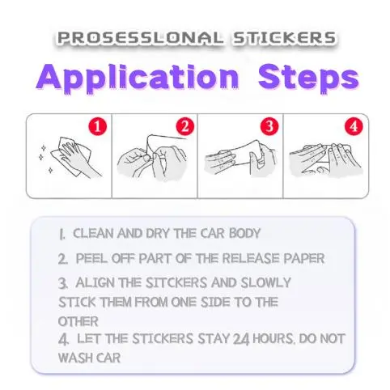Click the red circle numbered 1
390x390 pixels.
tap(98, 126)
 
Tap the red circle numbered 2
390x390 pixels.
tap(185, 126)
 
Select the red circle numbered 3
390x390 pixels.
tap(269, 126)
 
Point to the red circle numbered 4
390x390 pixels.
tap(354, 126)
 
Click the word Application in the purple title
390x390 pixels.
tap(138, 78)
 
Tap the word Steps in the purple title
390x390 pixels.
tap(309, 78)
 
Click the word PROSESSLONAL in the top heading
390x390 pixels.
tap(140, 38)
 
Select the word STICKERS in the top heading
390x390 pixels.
tap(285, 38)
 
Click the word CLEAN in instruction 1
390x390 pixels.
tap(94, 233)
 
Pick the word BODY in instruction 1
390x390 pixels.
tap(244, 233)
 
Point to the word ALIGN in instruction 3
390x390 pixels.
tap(95, 282)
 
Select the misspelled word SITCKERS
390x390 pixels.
tap(176, 282)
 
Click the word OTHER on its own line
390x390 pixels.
tap(78, 321)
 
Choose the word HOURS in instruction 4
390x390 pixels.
tap(273, 339)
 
